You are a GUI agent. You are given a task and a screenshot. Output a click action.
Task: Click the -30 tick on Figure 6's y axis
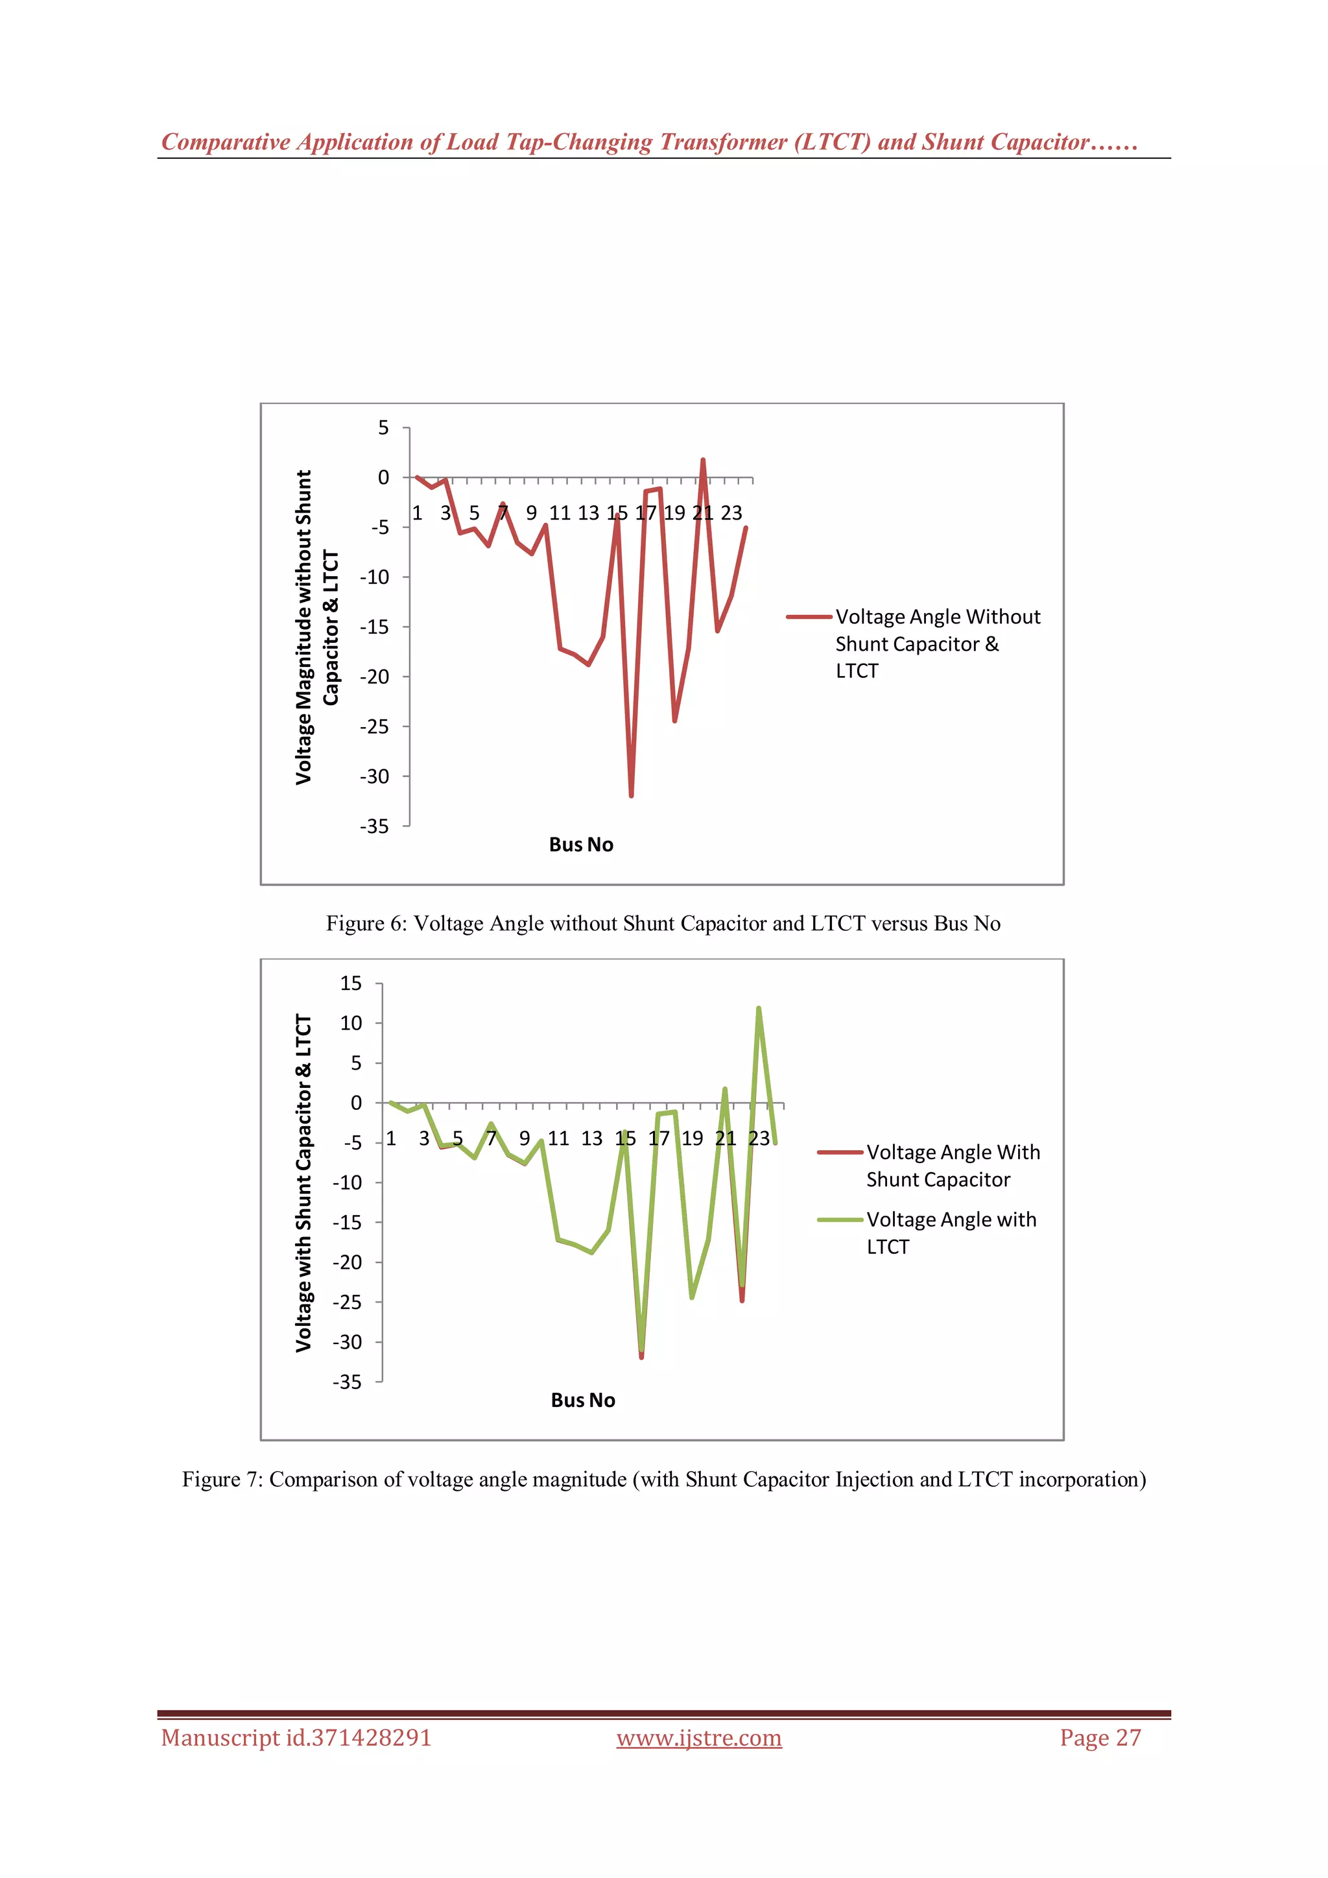(x=375, y=776)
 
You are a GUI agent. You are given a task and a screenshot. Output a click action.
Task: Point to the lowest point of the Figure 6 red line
(x=632, y=795)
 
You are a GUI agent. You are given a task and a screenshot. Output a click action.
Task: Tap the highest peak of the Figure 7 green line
(x=759, y=1009)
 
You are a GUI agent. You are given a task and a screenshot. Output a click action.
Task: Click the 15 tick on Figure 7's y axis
(x=351, y=983)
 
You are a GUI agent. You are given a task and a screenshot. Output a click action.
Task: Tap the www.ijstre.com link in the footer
(x=698, y=1737)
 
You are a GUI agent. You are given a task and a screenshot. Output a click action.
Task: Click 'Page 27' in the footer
(x=1100, y=1737)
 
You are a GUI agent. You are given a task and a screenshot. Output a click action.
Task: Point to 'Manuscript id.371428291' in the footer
(x=296, y=1737)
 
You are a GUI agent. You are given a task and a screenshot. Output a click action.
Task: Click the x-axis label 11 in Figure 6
(x=560, y=513)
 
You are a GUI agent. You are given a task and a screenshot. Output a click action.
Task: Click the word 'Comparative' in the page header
(x=226, y=142)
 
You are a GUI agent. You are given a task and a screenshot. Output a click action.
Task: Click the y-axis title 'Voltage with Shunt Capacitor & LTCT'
(x=303, y=1183)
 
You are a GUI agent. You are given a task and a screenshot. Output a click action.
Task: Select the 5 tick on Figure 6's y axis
(x=383, y=427)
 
